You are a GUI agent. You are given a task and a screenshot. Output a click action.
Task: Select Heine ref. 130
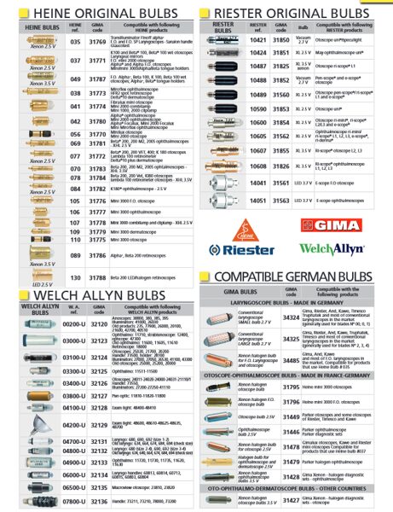(x=75, y=276)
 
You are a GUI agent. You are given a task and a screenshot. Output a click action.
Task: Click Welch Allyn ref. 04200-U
(x=74, y=423)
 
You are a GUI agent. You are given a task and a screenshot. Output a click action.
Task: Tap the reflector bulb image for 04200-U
(x=32, y=423)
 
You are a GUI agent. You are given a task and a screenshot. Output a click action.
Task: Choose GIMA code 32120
(x=99, y=325)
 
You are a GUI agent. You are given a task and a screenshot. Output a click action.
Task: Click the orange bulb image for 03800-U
(x=32, y=396)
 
